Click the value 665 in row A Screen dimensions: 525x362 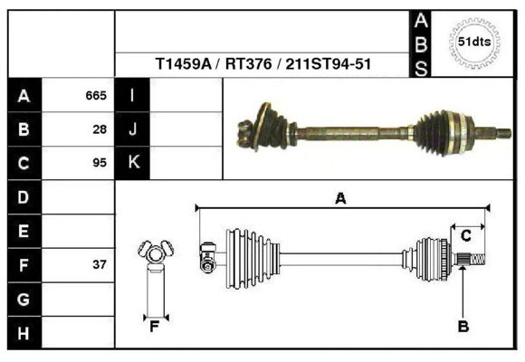96,96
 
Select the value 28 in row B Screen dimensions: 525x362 100,129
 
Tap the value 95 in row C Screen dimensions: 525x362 100,163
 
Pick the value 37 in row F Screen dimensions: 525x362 100,264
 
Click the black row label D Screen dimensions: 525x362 24,197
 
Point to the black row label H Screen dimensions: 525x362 24,333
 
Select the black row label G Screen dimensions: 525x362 24,299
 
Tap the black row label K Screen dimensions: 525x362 133,162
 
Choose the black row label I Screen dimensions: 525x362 132,95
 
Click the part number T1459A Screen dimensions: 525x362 184,63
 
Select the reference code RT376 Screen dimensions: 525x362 248,63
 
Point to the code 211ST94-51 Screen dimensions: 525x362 328,63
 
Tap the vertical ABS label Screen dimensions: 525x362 421,44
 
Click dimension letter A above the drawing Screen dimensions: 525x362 340,198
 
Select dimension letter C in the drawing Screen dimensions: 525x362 466,236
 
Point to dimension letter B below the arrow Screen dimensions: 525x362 463,327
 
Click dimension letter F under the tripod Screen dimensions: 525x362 154,327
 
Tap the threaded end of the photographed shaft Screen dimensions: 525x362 503,133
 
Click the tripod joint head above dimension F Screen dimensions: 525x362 156,252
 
